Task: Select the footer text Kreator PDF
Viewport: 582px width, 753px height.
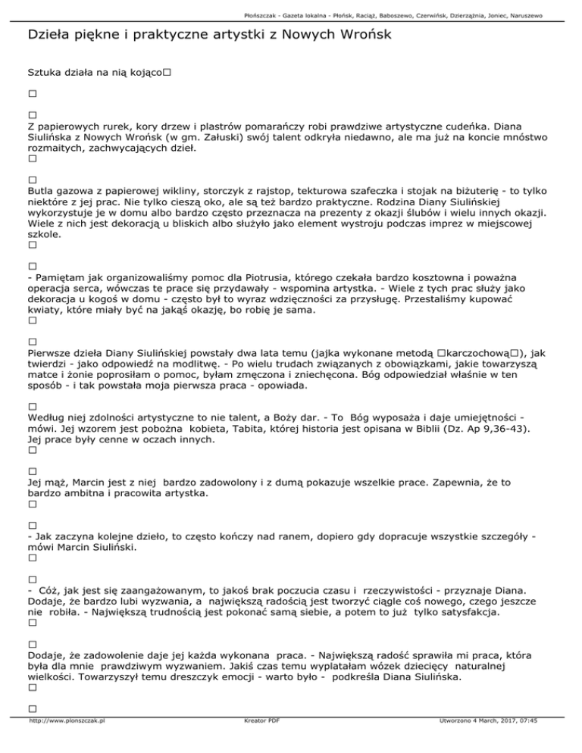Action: pyautogui.click(x=258, y=742)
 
